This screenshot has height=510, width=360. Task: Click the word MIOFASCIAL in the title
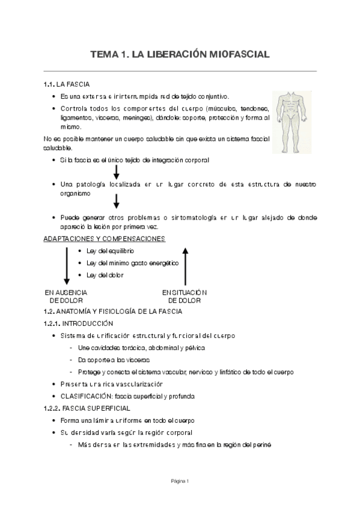tap(236, 55)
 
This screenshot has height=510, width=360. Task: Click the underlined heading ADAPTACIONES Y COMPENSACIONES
tap(105, 238)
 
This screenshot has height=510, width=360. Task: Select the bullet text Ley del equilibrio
tap(110, 250)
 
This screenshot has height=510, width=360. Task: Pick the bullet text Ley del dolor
tap(105, 275)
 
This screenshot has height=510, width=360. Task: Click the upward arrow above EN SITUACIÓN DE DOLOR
tap(186, 265)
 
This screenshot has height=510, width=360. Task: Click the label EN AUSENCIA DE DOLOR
tap(66, 296)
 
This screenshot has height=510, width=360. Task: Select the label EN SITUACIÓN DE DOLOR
tap(185, 296)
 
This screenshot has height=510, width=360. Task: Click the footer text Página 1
tap(180, 481)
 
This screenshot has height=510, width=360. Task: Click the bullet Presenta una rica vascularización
tap(112, 384)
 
